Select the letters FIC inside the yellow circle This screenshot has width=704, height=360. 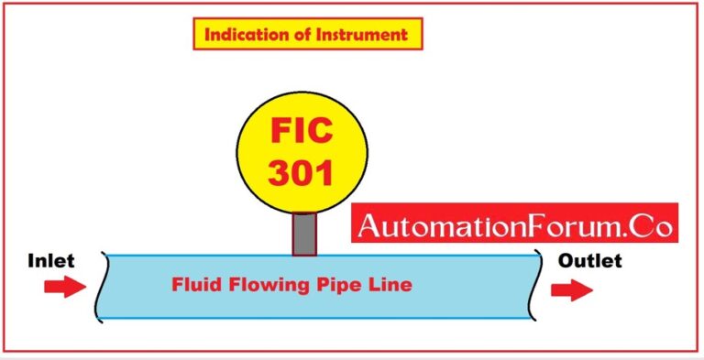[x=302, y=132]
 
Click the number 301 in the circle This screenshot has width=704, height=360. [x=302, y=171]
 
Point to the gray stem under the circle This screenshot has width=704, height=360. [x=304, y=234]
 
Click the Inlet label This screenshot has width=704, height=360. [x=50, y=261]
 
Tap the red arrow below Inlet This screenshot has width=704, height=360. [x=63, y=288]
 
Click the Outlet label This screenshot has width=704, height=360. [x=589, y=261]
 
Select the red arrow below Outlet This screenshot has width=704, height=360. [x=570, y=290]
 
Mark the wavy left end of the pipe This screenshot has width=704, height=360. [x=103, y=286]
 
